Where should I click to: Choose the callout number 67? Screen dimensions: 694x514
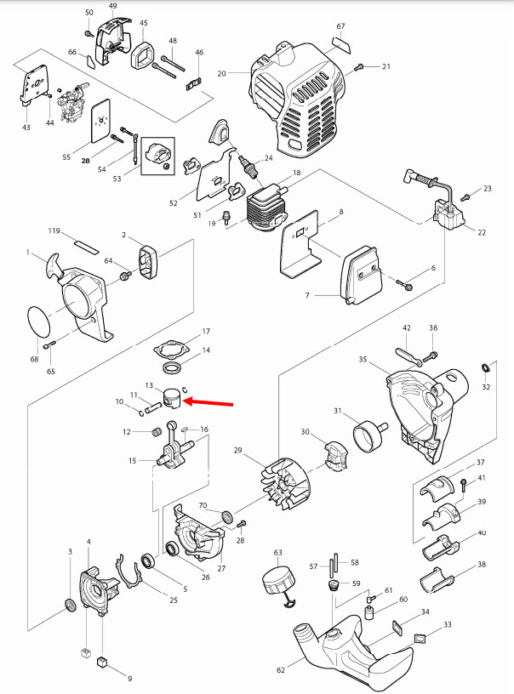[x=340, y=26]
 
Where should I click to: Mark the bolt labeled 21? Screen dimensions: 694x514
[x=361, y=66]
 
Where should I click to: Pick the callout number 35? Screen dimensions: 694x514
[x=363, y=360]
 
